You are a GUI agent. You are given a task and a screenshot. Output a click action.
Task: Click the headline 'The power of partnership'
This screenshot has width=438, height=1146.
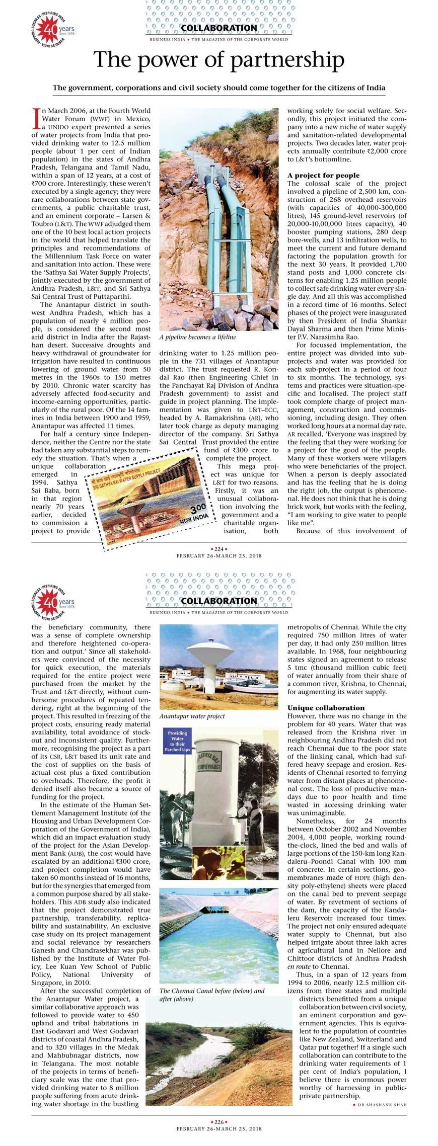(x=219, y=60)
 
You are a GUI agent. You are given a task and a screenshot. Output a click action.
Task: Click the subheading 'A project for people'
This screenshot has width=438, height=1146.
(x=323, y=175)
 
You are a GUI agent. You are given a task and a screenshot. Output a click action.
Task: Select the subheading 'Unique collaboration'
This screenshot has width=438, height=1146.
(x=326, y=708)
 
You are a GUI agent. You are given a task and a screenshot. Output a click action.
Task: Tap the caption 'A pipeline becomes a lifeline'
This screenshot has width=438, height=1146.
(x=197, y=337)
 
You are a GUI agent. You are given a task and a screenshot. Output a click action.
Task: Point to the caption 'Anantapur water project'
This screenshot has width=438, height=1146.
(x=192, y=716)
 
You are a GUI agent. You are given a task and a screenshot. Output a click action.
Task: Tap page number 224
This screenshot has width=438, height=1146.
(x=219, y=549)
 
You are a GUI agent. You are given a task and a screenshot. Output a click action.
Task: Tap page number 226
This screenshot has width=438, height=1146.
(x=219, y=1122)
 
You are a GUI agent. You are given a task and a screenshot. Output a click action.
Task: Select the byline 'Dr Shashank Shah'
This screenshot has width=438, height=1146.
(x=382, y=1105)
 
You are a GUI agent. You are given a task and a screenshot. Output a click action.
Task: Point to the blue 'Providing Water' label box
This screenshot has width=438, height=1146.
(x=177, y=741)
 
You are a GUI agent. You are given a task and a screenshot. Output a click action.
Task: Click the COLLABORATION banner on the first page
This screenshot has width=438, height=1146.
(x=219, y=28)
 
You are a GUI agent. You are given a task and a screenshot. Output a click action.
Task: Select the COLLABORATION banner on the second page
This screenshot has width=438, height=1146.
(x=219, y=601)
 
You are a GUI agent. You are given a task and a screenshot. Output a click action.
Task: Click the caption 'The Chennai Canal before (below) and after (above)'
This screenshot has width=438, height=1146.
(x=211, y=995)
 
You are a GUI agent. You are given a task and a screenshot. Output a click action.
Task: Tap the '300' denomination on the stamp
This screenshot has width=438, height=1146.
(x=198, y=508)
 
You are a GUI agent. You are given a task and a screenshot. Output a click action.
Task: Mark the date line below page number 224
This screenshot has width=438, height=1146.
(x=219, y=556)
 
